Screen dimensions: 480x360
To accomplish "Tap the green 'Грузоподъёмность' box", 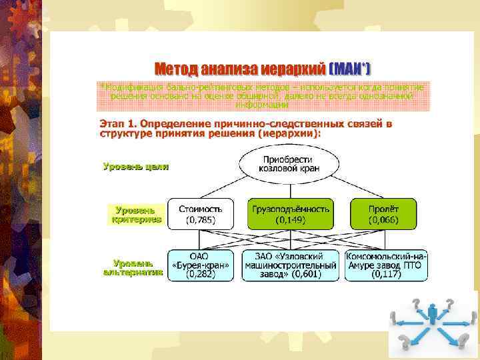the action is [290, 213].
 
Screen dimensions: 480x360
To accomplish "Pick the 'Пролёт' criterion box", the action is [383, 213].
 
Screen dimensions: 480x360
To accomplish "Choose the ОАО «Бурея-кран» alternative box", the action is [199, 265].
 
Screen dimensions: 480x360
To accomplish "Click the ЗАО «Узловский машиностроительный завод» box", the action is [289, 265].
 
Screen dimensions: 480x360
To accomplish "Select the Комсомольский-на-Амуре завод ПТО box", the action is [386, 265].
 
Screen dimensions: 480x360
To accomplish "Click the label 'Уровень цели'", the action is [135, 167].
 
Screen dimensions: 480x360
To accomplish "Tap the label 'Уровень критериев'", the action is [137, 214].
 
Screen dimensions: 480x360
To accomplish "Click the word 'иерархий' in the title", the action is [293, 69].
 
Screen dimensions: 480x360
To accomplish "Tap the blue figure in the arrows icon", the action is [433, 311].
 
